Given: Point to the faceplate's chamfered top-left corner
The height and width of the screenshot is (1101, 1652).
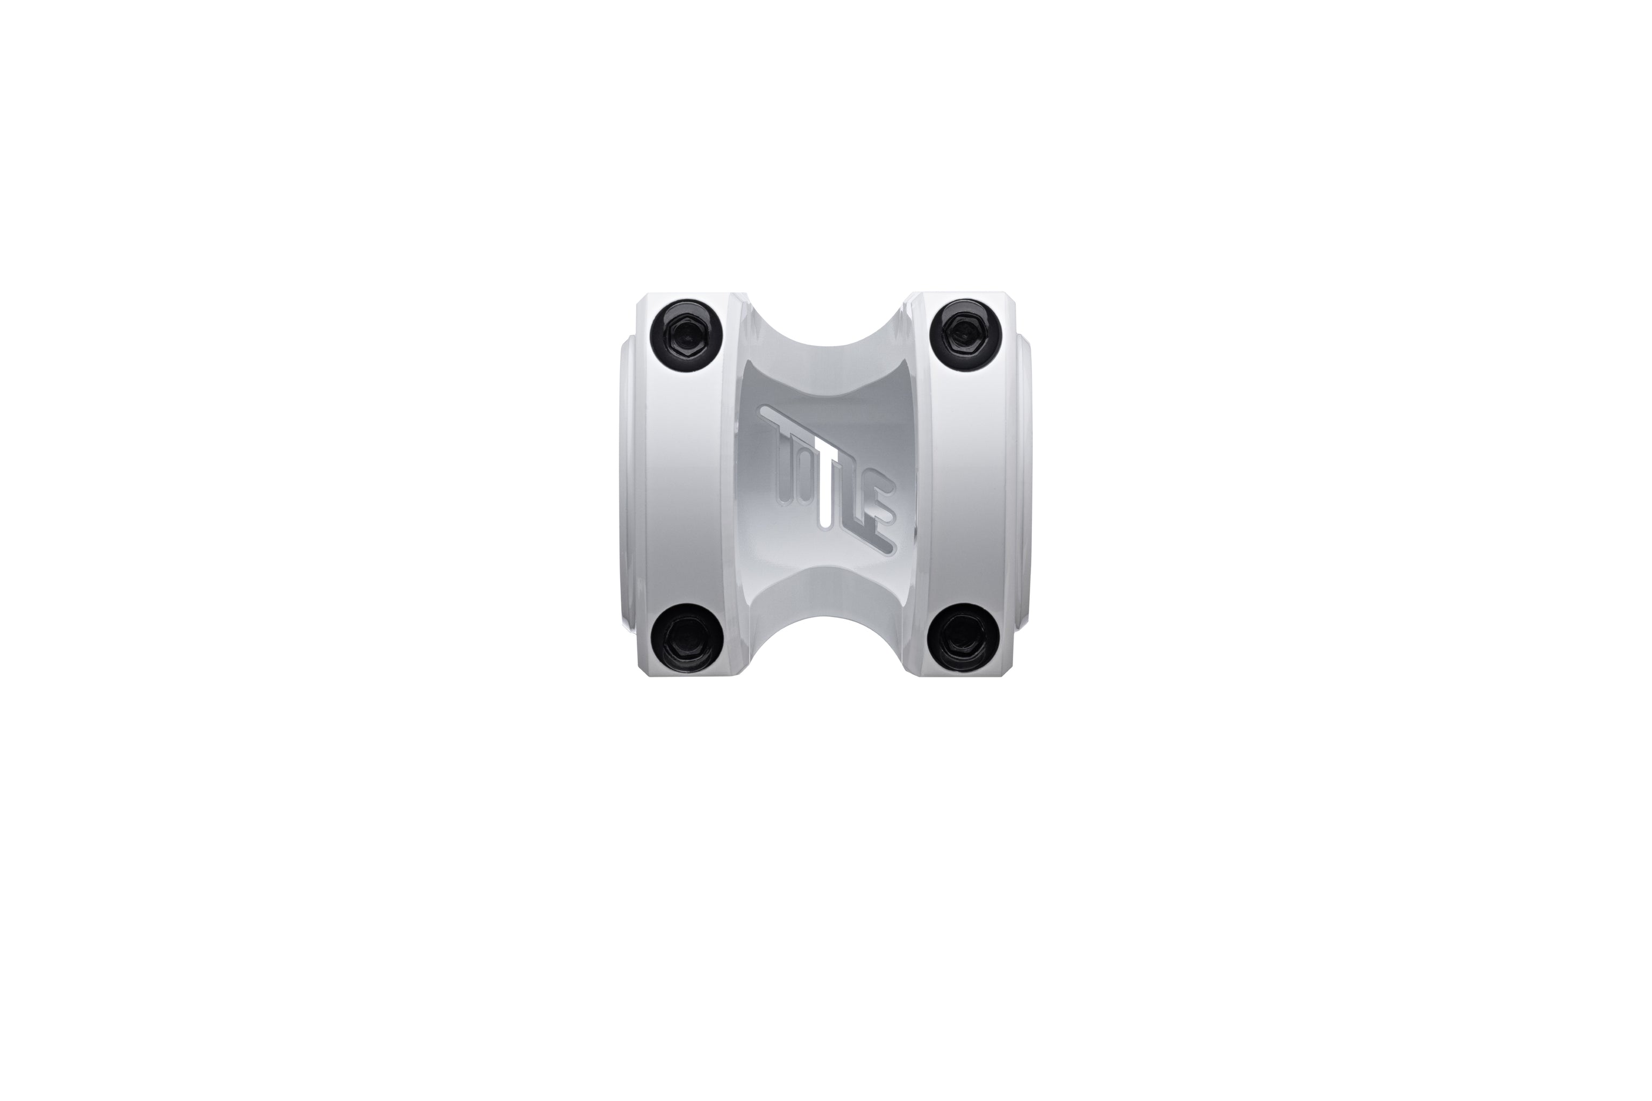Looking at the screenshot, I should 640,299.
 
